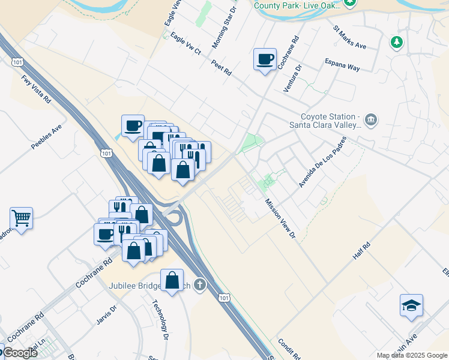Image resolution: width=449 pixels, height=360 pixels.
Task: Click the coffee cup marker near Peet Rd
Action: click(x=265, y=59)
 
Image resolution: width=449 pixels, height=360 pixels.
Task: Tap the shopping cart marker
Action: click(x=21, y=218)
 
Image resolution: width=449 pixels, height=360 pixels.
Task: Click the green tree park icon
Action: click(x=396, y=42)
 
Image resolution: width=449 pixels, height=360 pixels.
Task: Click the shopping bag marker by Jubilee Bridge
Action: click(x=172, y=280)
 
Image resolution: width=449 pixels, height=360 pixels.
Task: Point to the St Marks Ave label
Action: click(x=349, y=37)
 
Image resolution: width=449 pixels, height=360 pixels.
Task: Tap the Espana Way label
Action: click(x=342, y=64)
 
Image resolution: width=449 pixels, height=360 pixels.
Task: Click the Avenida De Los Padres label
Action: click(x=323, y=162)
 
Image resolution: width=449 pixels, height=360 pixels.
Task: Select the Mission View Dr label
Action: click(x=281, y=217)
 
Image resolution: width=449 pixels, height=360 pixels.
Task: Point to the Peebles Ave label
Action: click(x=47, y=137)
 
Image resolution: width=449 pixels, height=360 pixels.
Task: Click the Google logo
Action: click(x=19, y=353)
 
